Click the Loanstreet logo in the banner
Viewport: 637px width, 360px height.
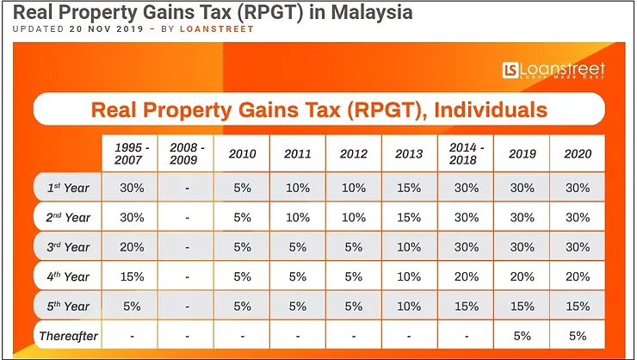(555, 71)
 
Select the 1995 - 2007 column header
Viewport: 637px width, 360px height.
(132, 153)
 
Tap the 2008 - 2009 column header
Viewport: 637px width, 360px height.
(188, 153)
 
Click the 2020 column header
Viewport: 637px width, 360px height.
(578, 154)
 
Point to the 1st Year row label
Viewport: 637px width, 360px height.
(68, 186)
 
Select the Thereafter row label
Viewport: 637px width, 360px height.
(68, 336)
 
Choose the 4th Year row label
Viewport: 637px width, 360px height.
(68, 276)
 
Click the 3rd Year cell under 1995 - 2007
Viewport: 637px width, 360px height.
(132, 246)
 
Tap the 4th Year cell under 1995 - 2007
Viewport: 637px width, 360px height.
(132, 276)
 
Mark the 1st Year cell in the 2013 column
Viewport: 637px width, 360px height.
(409, 186)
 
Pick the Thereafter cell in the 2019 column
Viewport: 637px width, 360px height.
(523, 336)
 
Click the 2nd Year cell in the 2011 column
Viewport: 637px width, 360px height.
(297, 217)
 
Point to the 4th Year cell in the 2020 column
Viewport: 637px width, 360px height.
(578, 276)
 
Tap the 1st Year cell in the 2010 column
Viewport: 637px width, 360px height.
(241, 186)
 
